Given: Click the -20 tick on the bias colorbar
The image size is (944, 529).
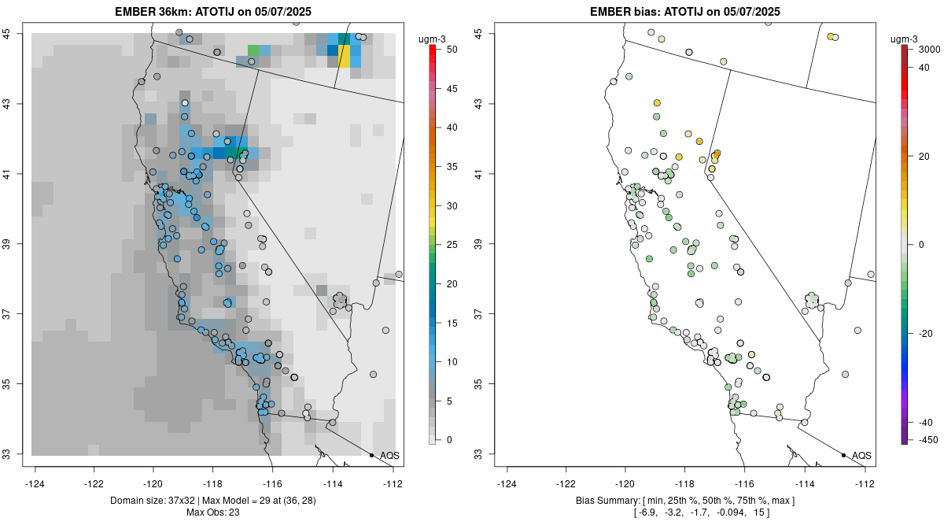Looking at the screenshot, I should click(927, 333).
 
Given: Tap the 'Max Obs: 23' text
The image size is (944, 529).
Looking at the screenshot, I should click(212, 512).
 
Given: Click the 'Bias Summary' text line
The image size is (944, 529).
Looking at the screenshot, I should click(684, 501).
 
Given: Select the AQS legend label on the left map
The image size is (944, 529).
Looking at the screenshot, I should click(389, 455).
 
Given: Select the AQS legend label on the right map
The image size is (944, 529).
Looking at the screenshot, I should click(861, 455).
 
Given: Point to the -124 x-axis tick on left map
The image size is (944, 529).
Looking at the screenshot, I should click(36, 483).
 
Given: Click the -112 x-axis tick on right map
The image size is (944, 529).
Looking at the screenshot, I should click(865, 483).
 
